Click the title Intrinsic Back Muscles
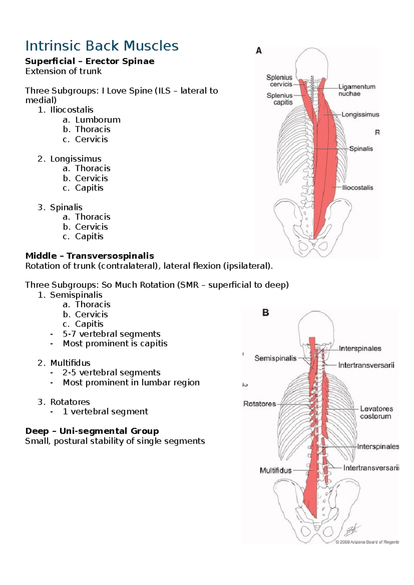pos(102,46)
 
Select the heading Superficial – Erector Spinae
pos(90,61)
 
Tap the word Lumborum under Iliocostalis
pos(98,120)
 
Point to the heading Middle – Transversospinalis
pos(90,256)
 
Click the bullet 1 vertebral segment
pos(105,412)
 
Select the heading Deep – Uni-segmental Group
pos(92,431)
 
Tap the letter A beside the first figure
pos(259,51)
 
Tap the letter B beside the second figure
pos(265,313)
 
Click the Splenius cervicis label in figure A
pos(279,81)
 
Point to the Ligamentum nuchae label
pos(356,90)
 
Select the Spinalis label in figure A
pos(361,149)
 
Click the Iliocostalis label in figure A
pos(357,188)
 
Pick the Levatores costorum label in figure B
pos(376,413)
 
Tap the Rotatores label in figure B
pos(259,404)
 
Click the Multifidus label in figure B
pos(275,470)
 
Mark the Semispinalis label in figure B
pos(275,358)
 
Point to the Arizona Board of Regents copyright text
pos(367,542)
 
